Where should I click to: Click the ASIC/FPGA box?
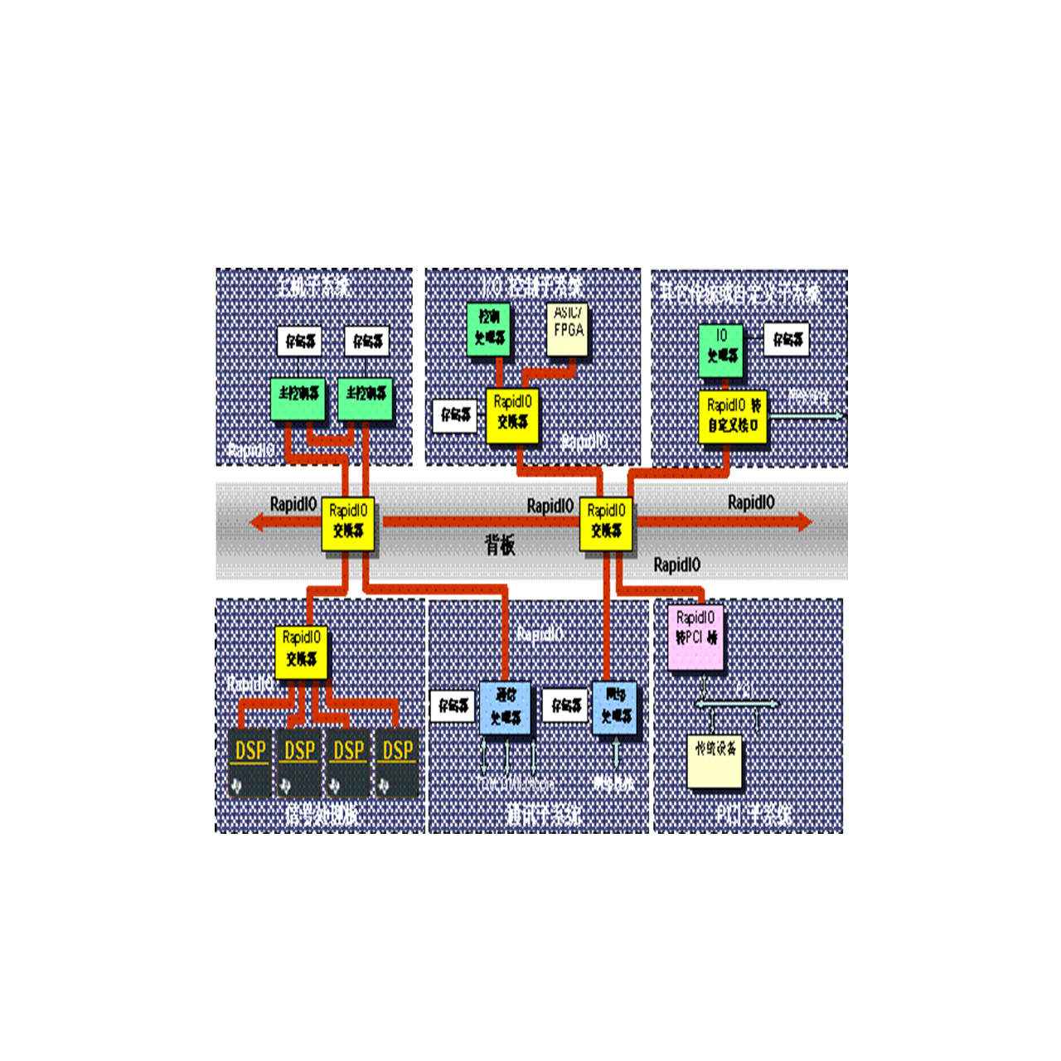click(x=568, y=328)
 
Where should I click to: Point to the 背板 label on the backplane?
click(x=500, y=545)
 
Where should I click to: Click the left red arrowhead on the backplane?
click(x=259, y=521)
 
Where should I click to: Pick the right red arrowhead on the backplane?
click(x=803, y=521)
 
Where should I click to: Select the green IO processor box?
click(x=721, y=350)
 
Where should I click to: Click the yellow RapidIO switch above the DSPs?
click(x=301, y=652)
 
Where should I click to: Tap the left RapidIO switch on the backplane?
click(x=348, y=524)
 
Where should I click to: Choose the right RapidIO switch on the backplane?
click(x=606, y=524)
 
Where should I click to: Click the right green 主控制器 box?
click(x=366, y=399)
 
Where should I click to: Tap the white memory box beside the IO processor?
click(x=787, y=339)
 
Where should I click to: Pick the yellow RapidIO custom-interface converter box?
click(x=733, y=416)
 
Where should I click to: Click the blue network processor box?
click(x=615, y=707)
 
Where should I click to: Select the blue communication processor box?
click(x=505, y=708)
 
